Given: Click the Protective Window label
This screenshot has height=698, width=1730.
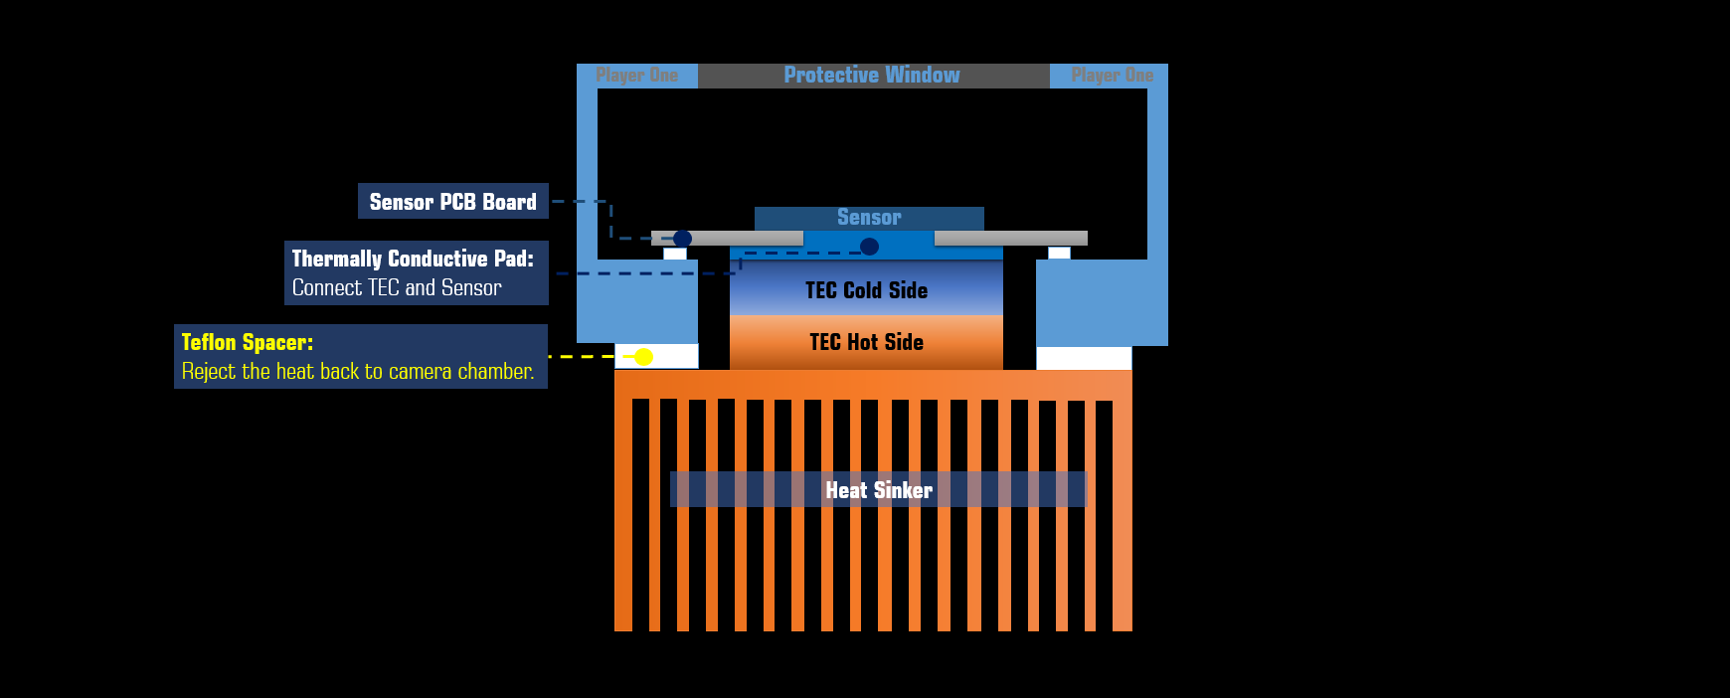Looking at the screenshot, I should click(x=872, y=76).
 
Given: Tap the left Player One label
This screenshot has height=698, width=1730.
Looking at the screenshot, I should click(x=636, y=76).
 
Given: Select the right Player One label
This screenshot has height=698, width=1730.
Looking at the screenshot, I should click(x=1112, y=76).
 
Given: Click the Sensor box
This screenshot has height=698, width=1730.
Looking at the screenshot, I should click(x=869, y=218).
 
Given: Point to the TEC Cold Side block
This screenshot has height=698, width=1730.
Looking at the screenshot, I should click(x=866, y=290).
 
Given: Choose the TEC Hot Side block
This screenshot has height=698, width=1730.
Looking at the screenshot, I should click(x=866, y=342).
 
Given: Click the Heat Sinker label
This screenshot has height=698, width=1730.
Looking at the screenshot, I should click(x=879, y=490).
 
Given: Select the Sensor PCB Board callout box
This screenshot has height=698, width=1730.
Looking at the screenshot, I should click(x=452, y=202).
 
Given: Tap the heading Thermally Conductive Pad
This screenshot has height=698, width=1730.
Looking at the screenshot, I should click(x=413, y=259).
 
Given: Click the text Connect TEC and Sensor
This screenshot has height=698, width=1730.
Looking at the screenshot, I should click(x=397, y=288).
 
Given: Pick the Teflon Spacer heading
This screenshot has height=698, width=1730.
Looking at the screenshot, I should click(x=248, y=342).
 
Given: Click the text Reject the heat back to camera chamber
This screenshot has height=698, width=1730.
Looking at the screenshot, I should click(x=358, y=372).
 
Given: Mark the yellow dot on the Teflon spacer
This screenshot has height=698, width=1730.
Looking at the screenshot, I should click(x=643, y=357).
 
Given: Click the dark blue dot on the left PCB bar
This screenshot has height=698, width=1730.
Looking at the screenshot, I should click(x=682, y=239).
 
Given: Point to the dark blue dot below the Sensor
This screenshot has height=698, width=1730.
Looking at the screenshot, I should click(x=869, y=247).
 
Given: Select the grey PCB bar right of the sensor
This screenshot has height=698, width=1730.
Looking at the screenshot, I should click(x=1010, y=239).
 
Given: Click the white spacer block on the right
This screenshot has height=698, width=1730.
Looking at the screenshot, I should click(x=1084, y=358).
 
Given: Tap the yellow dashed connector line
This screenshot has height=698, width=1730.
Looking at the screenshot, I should click(x=582, y=356).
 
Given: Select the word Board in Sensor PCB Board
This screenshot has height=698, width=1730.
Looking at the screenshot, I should click(x=509, y=202).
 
